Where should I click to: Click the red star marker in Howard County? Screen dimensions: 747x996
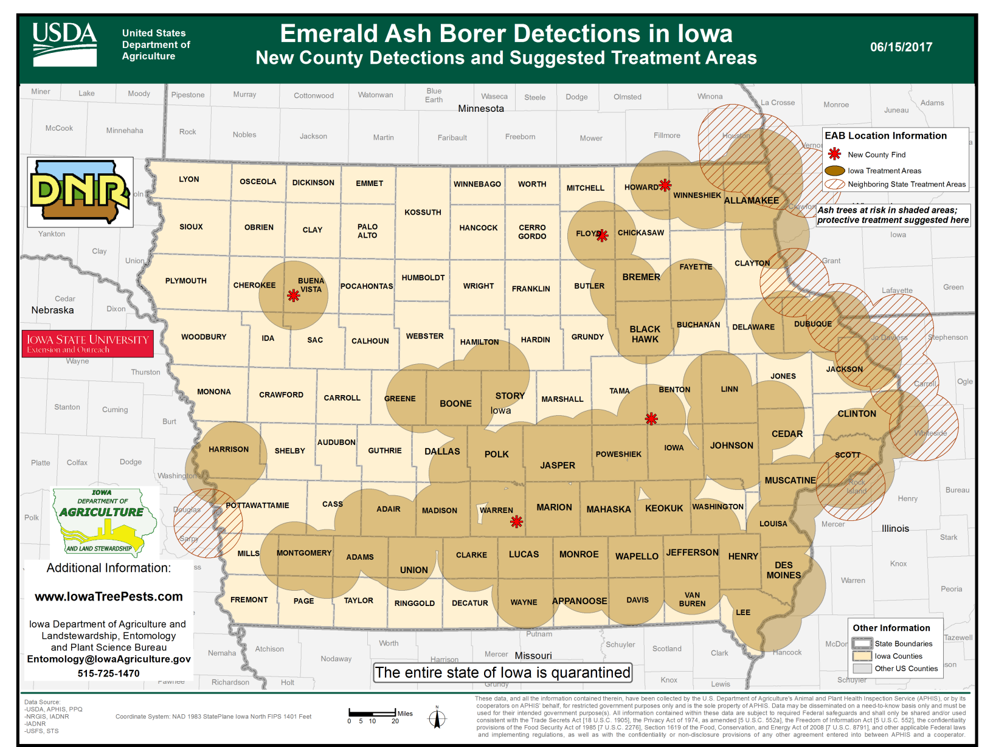point(665,185)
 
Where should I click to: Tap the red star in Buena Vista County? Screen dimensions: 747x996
point(294,296)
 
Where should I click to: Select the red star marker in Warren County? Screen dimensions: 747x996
point(517,522)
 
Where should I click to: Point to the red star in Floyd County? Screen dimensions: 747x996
point(602,236)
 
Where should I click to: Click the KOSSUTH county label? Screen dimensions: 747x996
point(423,212)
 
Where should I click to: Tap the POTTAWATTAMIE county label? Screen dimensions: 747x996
point(257,505)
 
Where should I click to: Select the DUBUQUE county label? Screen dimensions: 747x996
point(812,324)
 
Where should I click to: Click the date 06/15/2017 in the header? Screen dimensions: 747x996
point(901,47)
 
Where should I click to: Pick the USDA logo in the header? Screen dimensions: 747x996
point(64,44)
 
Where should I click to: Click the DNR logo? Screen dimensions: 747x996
point(80,192)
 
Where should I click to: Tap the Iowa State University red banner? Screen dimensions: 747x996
point(88,343)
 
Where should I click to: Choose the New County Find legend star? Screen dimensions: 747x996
point(835,154)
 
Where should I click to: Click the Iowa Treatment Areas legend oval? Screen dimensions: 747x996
point(835,171)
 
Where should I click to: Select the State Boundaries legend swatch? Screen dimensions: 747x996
point(862,644)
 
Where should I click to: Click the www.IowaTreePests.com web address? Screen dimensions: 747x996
point(109,597)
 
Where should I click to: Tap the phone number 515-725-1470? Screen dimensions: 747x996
point(109,673)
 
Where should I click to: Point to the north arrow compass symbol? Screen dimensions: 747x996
point(437,718)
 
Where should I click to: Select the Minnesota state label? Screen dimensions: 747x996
point(480,109)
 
